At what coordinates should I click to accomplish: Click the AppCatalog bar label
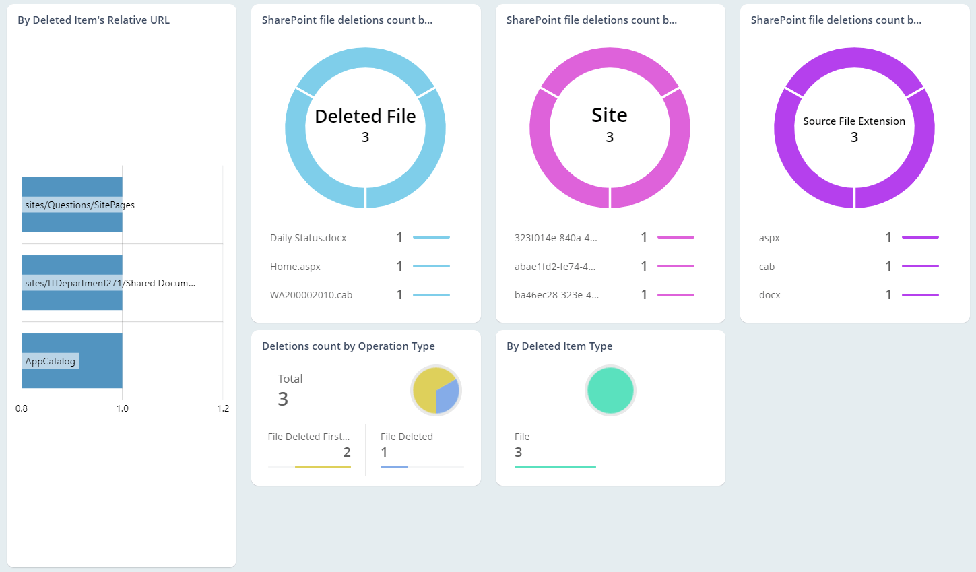tap(51, 361)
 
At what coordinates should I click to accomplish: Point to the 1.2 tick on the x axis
tap(223, 408)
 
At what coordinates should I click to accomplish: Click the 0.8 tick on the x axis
tap(22, 408)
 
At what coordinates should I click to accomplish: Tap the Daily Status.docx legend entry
tap(308, 238)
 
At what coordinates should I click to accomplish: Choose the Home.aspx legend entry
tap(295, 267)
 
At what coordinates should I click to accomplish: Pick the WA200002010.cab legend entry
tap(311, 295)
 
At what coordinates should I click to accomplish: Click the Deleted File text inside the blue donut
tap(365, 117)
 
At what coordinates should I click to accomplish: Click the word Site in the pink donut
tap(610, 115)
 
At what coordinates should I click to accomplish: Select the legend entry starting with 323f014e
tap(556, 238)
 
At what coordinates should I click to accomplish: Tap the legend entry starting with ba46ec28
tap(556, 295)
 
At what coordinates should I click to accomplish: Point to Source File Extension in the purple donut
tap(854, 121)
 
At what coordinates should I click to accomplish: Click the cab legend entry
tap(767, 267)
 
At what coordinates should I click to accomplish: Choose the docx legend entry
tap(769, 295)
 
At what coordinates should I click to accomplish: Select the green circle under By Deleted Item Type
tap(610, 391)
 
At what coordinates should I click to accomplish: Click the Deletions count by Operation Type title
tap(348, 346)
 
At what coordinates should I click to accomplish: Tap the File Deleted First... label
tap(308, 437)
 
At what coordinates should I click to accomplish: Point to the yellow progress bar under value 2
tap(323, 466)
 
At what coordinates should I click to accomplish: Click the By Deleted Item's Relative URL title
tap(94, 20)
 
